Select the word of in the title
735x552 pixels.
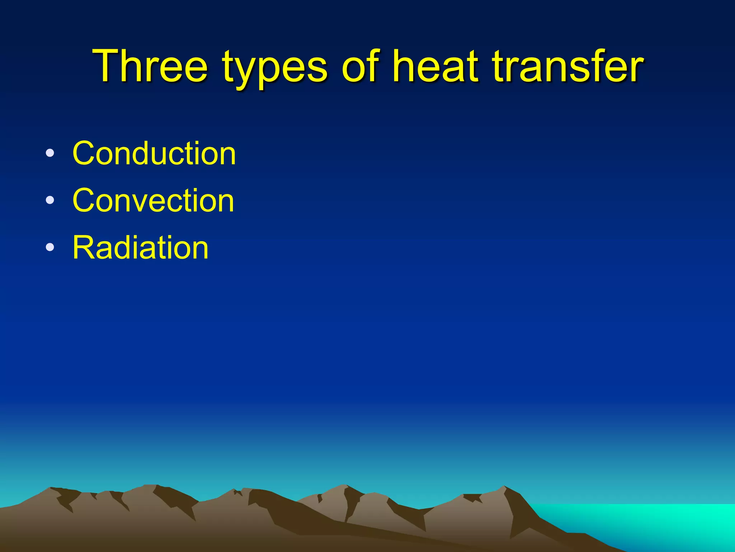click(361, 66)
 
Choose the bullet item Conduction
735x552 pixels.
click(154, 153)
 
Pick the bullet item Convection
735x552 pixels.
click(153, 201)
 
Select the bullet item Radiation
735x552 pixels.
click(140, 248)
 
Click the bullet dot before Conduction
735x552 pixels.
click(50, 153)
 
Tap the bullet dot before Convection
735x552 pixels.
click(50, 201)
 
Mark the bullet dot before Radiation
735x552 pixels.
click(50, 248)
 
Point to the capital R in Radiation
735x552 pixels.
click(84, 248)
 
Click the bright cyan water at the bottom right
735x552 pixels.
click(664, 521)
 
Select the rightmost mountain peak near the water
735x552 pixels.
click(504, 487)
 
